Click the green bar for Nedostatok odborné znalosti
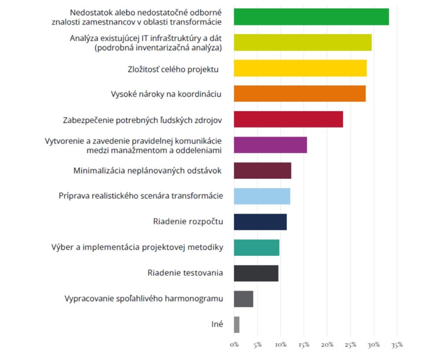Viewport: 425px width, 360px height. [x=311, y=17]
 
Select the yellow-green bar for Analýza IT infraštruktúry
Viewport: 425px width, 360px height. [x=303, y=42]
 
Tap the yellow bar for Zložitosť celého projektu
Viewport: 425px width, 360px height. [x=300, y=68]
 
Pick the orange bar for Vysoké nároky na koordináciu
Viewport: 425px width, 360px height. [x=300, y=93]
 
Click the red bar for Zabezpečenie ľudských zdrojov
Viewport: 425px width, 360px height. [x=288, y=119]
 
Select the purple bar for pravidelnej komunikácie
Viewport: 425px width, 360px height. [x=270, y=145]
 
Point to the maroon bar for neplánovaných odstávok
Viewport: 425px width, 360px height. [x=262, y=171]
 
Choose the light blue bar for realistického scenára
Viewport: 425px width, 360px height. [x=262, y=196]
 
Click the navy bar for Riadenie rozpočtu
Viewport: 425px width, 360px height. [x=260, y=222]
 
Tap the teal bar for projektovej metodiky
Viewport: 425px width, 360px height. [x=256, y=247]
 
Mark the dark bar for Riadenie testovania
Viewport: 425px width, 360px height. [x=256, y=273]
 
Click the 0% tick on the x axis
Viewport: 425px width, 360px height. [x=234, y=345]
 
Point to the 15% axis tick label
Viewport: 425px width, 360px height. [x=304, y=345]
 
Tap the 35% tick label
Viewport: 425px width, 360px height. [x=397, y=345]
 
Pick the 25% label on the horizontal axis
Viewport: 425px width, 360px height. [x=351, y=345]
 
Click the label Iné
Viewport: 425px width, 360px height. [x=217, y=324]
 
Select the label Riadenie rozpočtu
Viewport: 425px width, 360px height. [x=188, y=222]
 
